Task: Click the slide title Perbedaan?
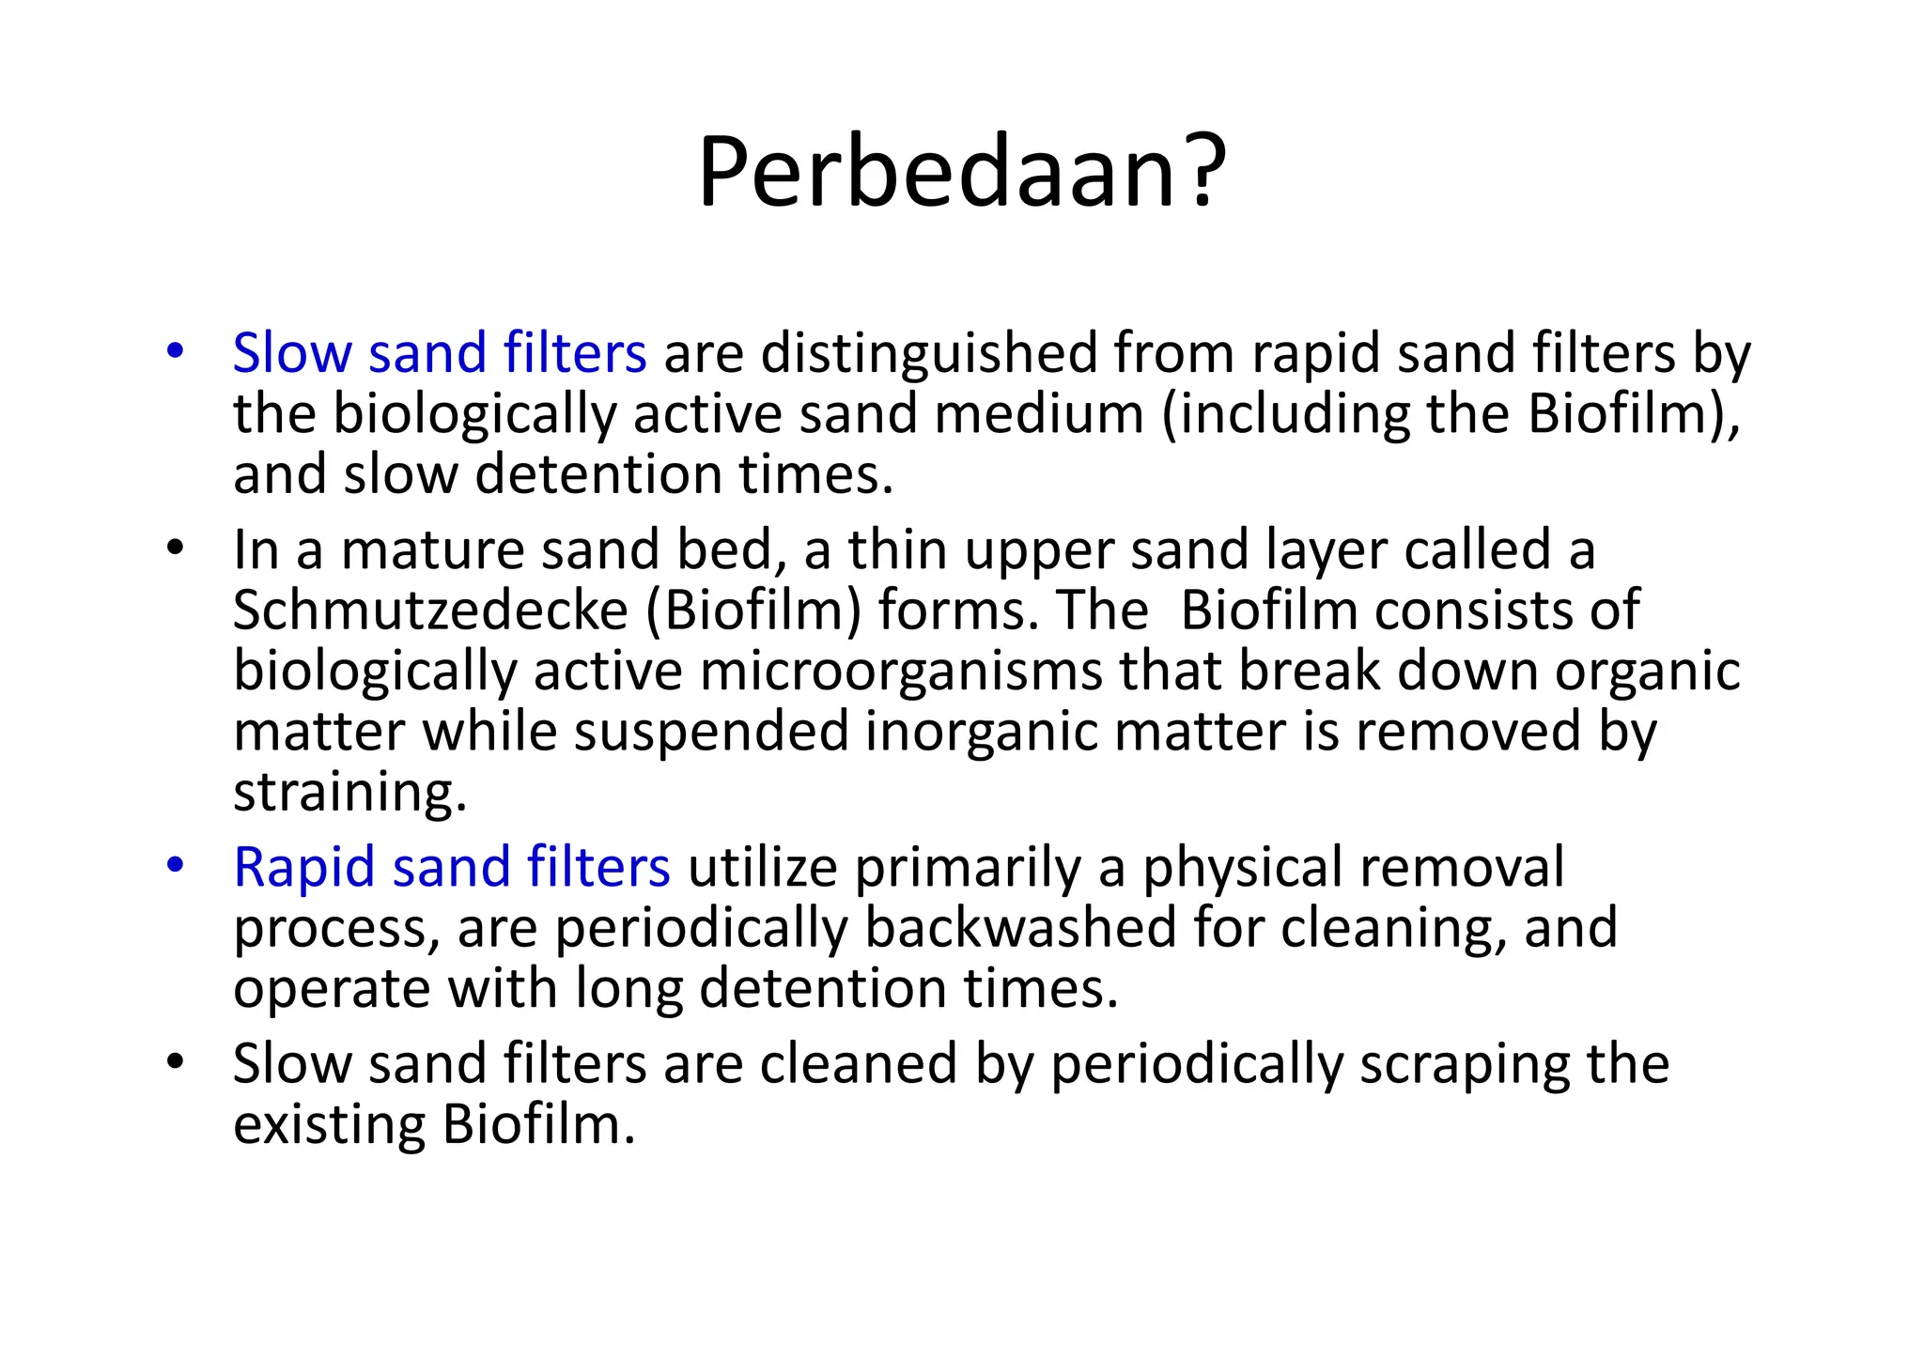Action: click(x=961, y=173)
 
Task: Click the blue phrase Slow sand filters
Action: click(x=439, y=354)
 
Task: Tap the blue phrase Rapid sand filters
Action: click(x=451, y=867)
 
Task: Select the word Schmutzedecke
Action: click(x=429, y=610)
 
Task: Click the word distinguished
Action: click(x=928, y=354)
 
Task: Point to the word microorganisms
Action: click(x=900, y=672)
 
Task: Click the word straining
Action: click(x=349, y=793)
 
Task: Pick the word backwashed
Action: click(x=1019, y=928)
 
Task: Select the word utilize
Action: click(x=762, y=867)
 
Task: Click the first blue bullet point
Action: click(x=175, y=352)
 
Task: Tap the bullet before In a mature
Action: click(x=175, y=549)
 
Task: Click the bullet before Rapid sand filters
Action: click(x=175, y=865)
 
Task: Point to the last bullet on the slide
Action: click(x=175, y=1062)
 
